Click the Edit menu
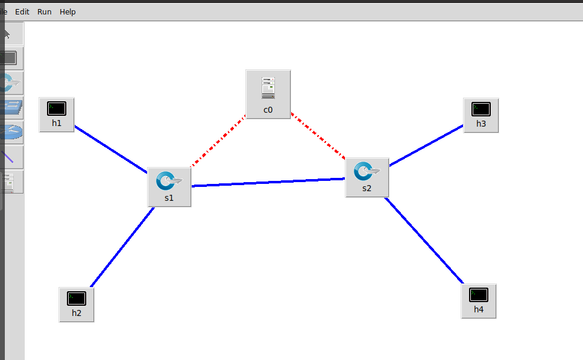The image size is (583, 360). coord(22,11)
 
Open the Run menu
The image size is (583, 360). coord(44,11)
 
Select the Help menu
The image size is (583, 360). coord(68,11)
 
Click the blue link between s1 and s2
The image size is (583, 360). coord(268,182)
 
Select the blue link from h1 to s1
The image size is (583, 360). coord(112,148)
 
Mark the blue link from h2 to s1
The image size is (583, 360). coord(122,247)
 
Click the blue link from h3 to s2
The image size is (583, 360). coord(426,145)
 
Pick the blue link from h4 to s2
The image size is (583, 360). coord(424,240)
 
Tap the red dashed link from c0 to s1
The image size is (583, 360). coord(218,141)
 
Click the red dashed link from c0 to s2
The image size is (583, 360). coord(318,136)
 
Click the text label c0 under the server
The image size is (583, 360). coord(268,110)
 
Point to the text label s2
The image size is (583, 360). coord(367,188)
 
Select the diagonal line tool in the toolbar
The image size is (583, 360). coord(9,157)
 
